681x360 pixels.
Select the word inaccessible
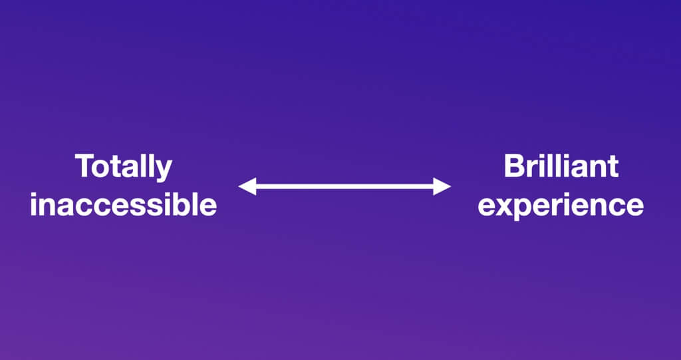(123, 204)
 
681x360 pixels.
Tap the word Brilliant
(561, 166)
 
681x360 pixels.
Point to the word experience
(561, 206)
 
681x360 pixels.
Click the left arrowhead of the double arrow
(247, 186)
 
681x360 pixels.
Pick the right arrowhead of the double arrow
(442, 186)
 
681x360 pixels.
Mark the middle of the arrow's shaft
(344, 186)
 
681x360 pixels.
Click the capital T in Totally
(84, 166)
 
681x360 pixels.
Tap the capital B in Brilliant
(514, 166)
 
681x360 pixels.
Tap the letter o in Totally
(102, 169)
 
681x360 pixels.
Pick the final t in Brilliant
(613, 167)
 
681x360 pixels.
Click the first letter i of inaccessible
(33, 205)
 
